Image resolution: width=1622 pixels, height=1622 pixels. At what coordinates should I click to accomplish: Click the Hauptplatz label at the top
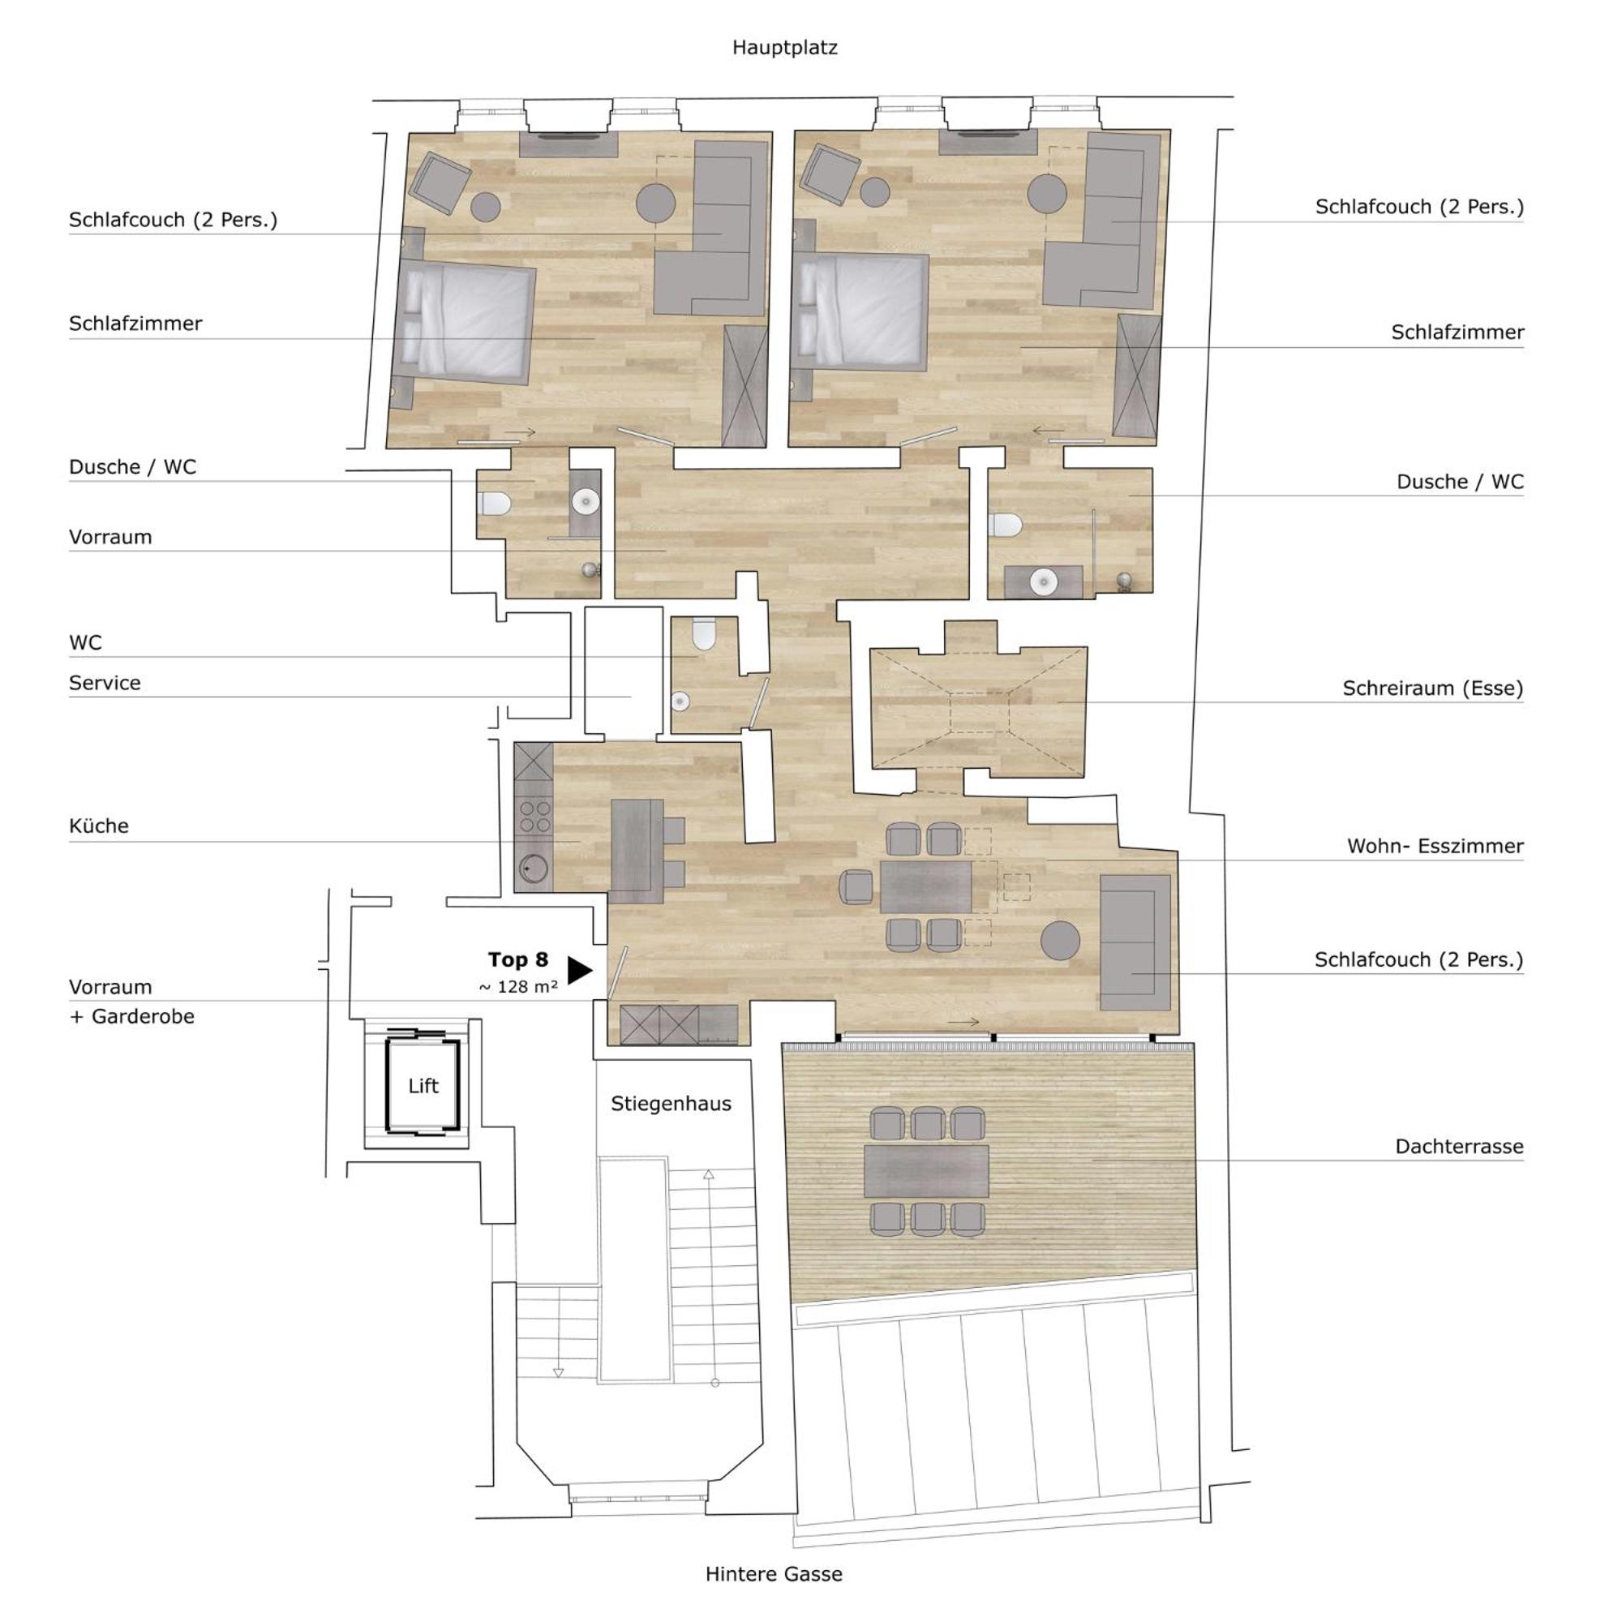[784, 48]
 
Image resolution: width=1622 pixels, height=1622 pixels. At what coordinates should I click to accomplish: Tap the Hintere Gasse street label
[773, 1574]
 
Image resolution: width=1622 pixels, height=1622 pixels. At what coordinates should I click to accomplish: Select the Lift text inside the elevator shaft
[423, 1086]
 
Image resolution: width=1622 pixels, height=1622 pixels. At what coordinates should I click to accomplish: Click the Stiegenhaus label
[671, 1104]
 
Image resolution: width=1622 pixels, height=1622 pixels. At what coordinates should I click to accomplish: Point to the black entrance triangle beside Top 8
[578, 970]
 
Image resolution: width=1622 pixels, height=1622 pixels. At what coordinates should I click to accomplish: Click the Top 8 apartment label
[518, 959]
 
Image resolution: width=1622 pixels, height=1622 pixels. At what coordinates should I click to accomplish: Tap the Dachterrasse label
[1459, 1146]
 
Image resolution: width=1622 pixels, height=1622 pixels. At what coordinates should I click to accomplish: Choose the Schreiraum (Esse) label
[1432, 689]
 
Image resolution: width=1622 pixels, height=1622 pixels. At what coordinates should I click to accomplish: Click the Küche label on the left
[99, 826]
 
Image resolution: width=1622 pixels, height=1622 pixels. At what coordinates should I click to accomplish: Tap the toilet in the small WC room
[702, 635]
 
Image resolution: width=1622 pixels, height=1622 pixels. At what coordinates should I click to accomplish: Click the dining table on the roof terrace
[927, 1172]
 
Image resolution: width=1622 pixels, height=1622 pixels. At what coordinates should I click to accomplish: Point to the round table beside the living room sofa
[1059, 940]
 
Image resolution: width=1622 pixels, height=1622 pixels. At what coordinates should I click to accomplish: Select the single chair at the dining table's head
[856, 886]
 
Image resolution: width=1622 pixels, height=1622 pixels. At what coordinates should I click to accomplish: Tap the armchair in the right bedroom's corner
[830, 174]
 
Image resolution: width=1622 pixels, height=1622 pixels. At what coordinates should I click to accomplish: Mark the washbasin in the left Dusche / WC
[586, 502]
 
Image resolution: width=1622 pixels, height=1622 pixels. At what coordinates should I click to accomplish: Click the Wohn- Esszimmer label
[1435, 846]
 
